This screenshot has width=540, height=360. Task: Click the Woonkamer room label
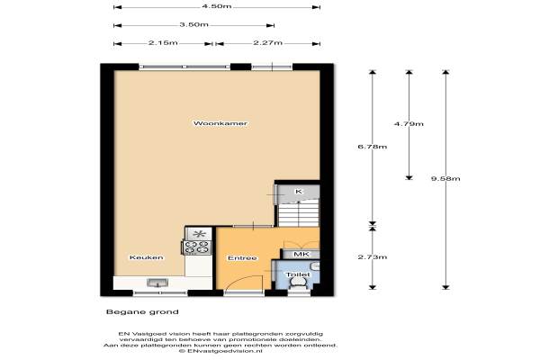click(x=220, y=123)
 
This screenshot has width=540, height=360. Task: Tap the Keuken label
click(x=147, y=257)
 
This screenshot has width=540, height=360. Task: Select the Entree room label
click(x=242, y=258)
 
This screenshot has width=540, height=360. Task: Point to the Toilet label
click(x=298, y=274)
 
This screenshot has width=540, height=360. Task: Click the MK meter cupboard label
click(x=301, y=254)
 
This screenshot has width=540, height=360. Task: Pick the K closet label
click(x=299, y=191)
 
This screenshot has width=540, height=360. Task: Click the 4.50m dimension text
click(x=217, y=6)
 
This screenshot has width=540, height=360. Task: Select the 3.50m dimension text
click(x=193, y=25)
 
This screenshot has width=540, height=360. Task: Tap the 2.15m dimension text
click(x=163, y=42)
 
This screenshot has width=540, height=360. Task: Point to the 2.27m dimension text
click(x=268, y=42)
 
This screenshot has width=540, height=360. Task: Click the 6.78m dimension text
click(x=373, y=147)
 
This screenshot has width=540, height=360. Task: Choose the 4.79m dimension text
click(x=409, y=123)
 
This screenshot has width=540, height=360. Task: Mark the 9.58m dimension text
click(x=445, y=178)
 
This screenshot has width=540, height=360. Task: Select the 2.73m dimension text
click(x=373, y=257)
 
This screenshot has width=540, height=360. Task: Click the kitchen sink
click(x=157, y=283)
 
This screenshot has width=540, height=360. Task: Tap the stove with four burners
click(x=197, y=247)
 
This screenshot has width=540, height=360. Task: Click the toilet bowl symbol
click(x=298, y=283)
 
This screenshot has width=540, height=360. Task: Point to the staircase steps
click(x=299, y=213)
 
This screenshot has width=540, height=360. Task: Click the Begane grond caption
click(x=142, y=312)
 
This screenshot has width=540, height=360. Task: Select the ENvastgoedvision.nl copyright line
click(x=220, y=351)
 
